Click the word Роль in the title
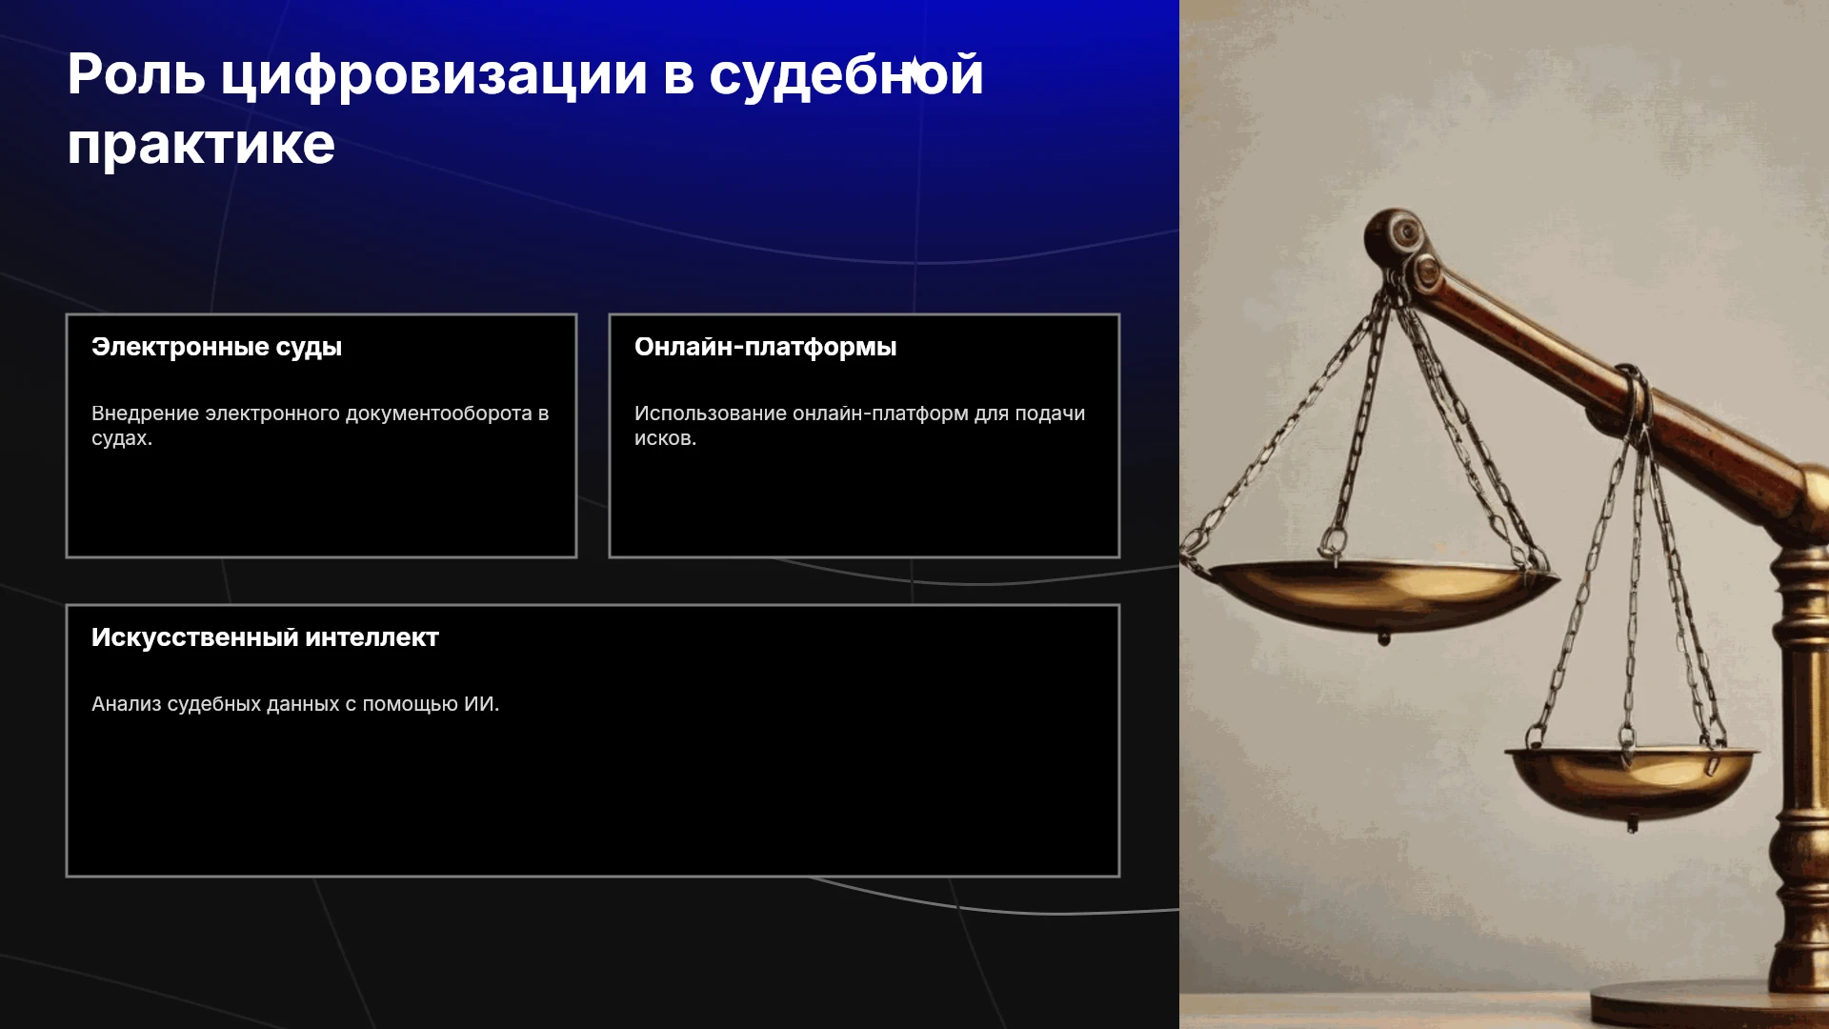136,74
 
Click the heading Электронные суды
216,348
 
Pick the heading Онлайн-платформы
766,348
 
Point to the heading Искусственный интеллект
265,637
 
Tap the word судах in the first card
119,439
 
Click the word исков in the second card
662,438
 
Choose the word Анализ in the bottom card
126,704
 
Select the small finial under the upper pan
1384,636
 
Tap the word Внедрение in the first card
146,414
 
